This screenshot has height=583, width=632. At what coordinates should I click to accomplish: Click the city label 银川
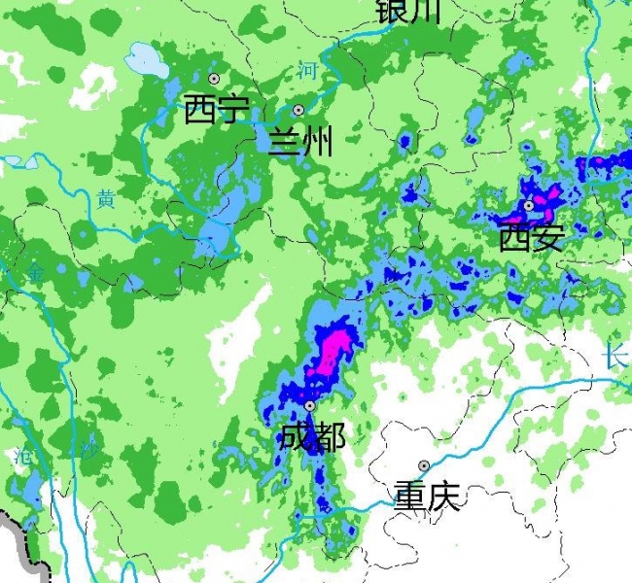point(408,10)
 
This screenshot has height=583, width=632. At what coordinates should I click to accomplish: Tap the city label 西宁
point(216,109)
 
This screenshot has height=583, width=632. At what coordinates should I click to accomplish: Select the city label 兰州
point(300,142)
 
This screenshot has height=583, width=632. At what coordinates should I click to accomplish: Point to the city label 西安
point(531,236)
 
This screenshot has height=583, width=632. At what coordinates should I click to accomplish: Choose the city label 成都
point(311,436)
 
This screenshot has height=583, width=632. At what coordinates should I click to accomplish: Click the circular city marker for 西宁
point(214,78)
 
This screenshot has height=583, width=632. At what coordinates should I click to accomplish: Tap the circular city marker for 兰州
point(298,110)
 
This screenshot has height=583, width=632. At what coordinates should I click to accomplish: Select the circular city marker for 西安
point(529,206)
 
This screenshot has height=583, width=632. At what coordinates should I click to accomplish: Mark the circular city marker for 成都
point(309,406)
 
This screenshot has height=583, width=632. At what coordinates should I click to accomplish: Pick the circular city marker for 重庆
point(424,466)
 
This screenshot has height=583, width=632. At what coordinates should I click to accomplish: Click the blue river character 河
point(308,70)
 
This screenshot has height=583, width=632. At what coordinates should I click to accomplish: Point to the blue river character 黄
point(106,200)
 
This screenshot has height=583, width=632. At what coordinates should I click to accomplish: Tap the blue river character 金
point(35,275)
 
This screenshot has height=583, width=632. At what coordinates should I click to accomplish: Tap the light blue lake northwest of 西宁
point(145,60)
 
